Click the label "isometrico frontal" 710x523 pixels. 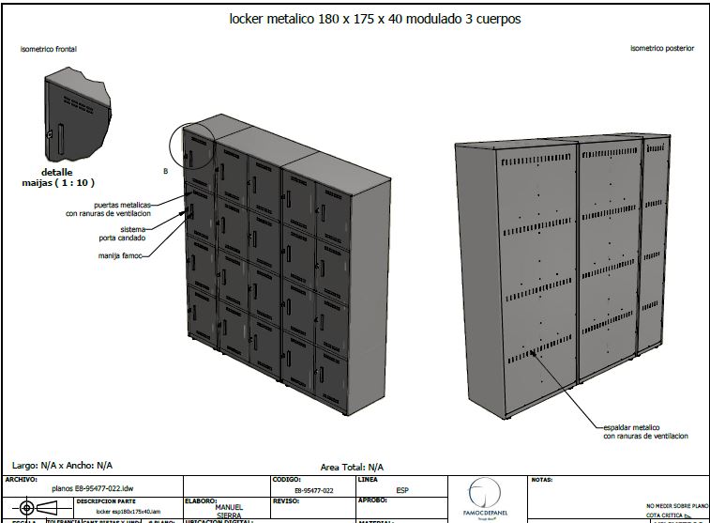[x=49, y=47]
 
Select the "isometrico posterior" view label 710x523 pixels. [x=662, y=48]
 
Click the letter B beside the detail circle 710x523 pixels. [x=165, y=171]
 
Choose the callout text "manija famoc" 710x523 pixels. [x=119, y=254]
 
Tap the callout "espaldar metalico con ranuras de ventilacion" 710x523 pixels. [x=645, y=431]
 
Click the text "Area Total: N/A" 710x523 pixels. [x=352, y=467]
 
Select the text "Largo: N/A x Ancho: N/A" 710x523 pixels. [x=62, y=465]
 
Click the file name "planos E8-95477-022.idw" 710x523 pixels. [x=93, y=489]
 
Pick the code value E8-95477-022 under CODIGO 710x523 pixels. [x=313, y=490]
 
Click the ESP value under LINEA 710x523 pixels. [x=402, y=489]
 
